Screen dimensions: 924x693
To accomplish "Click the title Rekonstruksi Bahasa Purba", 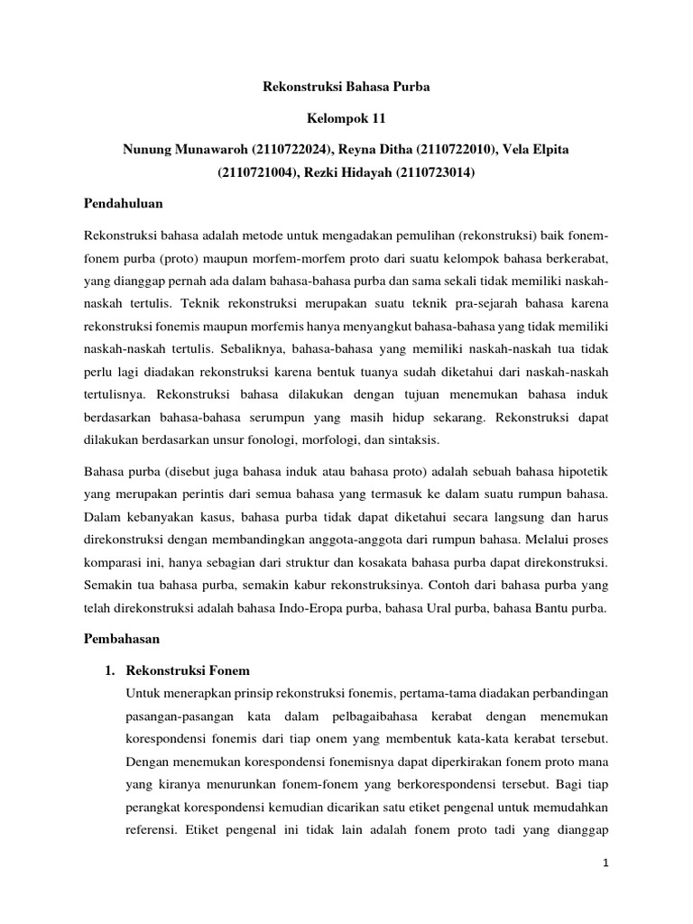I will [346, 88].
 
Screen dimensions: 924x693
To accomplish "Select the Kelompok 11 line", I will [346, 118].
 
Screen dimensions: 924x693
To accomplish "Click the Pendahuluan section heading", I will [124, 204].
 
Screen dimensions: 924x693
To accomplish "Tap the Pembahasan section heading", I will [121, 638].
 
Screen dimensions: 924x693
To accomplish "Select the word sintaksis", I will [408, 439].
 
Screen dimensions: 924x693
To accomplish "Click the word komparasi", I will [113, 561].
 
